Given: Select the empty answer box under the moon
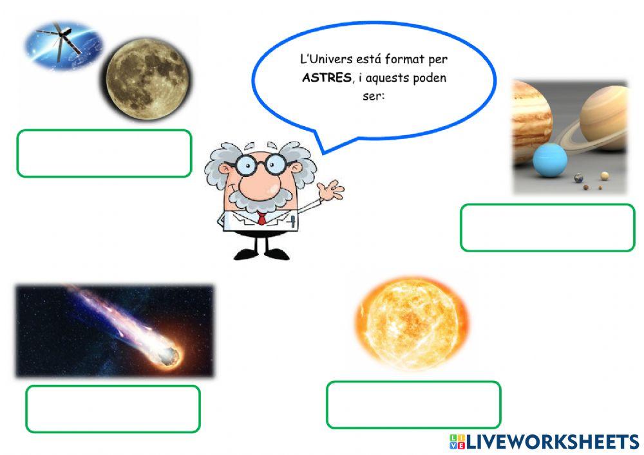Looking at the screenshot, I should click(x=104, y=153).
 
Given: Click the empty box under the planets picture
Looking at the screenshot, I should click(x=547, y=227).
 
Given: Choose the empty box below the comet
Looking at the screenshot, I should click(x=113, y=409).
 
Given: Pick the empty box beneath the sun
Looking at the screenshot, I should click(x=413, y=405).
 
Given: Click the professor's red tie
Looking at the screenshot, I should click(x=261, y=218).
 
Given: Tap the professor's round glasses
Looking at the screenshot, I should click(x=260, y=164).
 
